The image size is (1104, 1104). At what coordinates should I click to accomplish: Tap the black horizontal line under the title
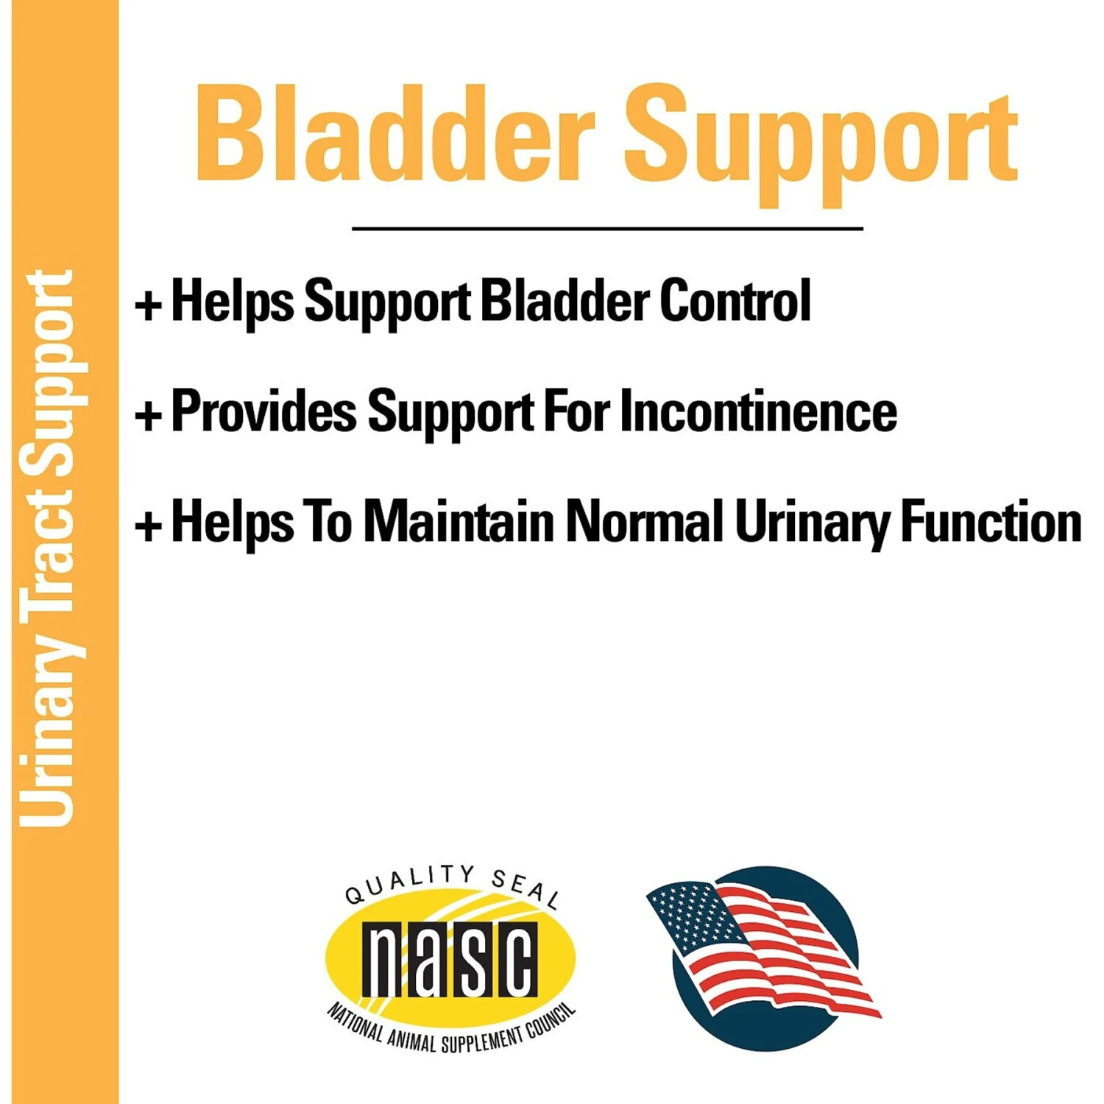(x=607, y=229)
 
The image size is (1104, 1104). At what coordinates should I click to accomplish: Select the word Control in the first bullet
(x=735, y=301)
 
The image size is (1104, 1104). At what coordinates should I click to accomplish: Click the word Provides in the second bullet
(x=263, y=411)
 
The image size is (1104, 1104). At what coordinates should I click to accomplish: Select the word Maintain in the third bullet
(x=459, y=521)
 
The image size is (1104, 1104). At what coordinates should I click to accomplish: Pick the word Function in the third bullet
(x=991, y=521)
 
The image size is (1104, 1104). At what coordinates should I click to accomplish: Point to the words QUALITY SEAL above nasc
(x=451, y=883)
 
